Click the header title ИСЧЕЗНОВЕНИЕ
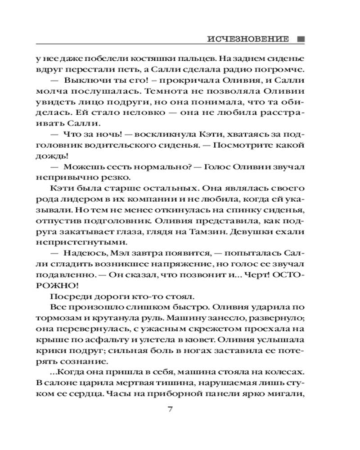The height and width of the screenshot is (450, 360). click(x=248, y=39)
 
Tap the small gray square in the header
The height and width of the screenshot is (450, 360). click(x=301, y=39)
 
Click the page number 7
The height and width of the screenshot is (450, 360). click(x=170, y=409)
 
